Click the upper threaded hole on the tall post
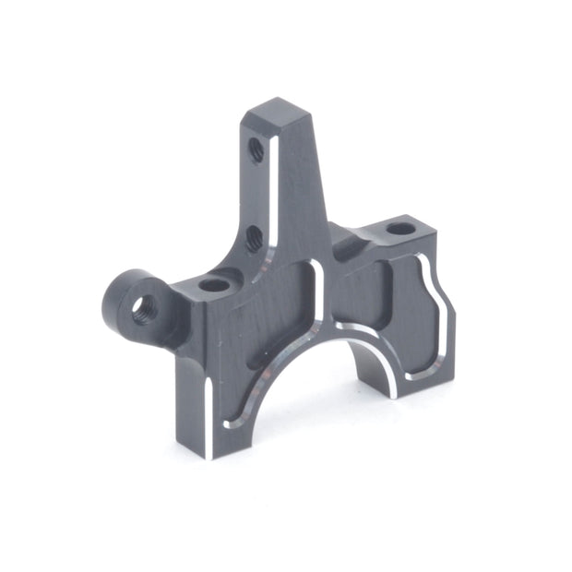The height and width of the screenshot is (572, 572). click(x=256, y=149)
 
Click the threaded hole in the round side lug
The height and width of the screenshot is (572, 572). click(x=142, y=308)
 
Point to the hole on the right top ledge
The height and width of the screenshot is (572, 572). click(x=399, y=228)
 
